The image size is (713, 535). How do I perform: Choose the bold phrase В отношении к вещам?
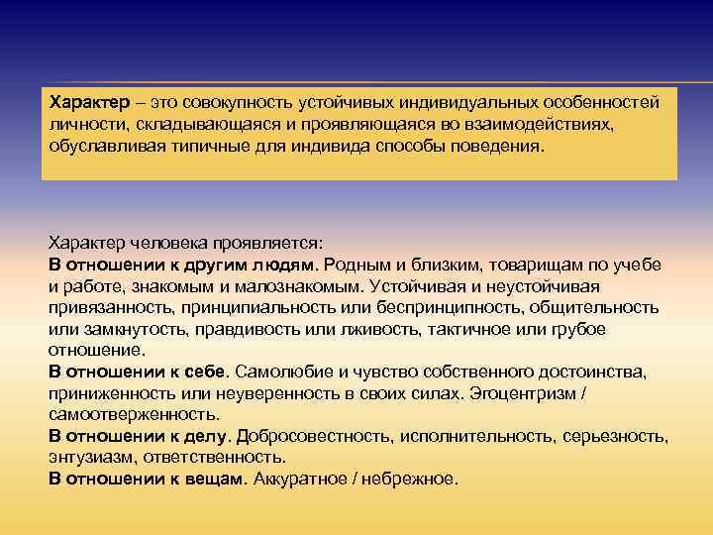(145, 479)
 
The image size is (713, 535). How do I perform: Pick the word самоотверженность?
(133, 414)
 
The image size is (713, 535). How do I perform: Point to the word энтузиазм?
(91, 458)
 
